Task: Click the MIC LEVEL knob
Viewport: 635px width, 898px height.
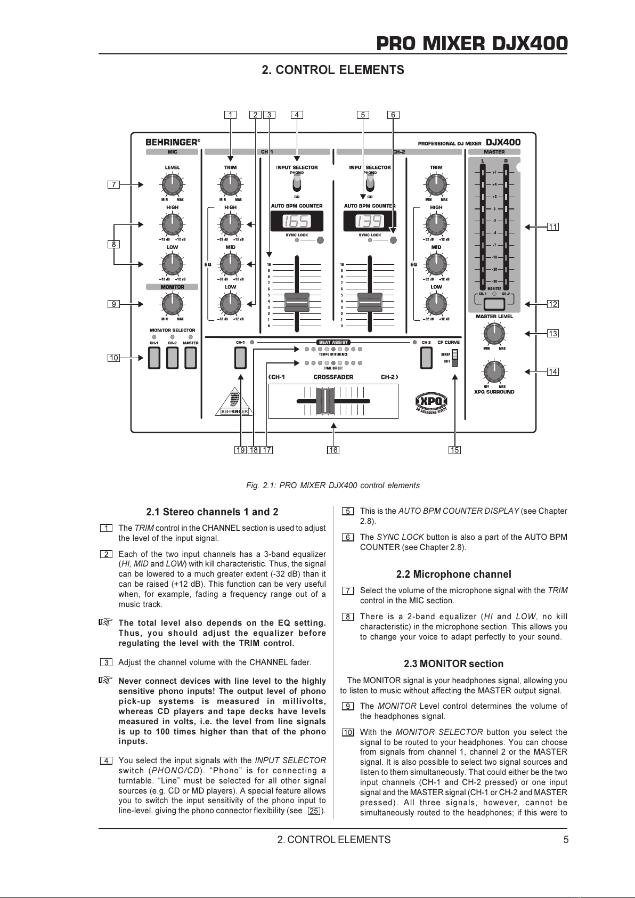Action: click(x=172, y=185)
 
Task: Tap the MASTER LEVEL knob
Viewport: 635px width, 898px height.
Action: click(x=494, y=333)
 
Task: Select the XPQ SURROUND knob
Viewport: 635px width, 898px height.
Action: click(x=494, y=371)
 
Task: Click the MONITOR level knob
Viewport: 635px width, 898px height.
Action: click(x=172, y=304)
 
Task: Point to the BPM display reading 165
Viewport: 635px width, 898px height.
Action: click(x=297, y=221)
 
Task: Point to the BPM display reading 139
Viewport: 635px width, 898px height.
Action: click(x=369, y=221)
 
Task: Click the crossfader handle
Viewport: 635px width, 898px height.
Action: click(x=325, y=400)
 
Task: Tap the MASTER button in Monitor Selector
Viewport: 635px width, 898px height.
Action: click(x=190, y=358)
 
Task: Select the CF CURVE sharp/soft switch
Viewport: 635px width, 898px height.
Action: click(x=454, y=358)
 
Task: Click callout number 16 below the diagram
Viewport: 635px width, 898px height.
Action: click(x=333, y=450)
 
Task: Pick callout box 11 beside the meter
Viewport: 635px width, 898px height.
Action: click(x=553, y=227)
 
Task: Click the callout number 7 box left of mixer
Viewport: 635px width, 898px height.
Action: click(x=114, y=184)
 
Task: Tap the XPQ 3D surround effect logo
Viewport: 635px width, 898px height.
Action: click(x=432, y=403)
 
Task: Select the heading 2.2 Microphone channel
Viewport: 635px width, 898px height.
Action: click(x=453, y=574)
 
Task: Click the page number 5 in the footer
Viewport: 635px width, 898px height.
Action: click(x=566, y=839)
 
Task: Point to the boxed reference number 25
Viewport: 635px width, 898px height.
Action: click(x=314, y=811)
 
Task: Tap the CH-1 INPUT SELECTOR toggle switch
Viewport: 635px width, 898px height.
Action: click(x=297, y=184)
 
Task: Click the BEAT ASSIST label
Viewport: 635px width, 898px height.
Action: click(x=333, y=342)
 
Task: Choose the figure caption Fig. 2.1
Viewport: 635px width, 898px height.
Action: click(x=333, y=486)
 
